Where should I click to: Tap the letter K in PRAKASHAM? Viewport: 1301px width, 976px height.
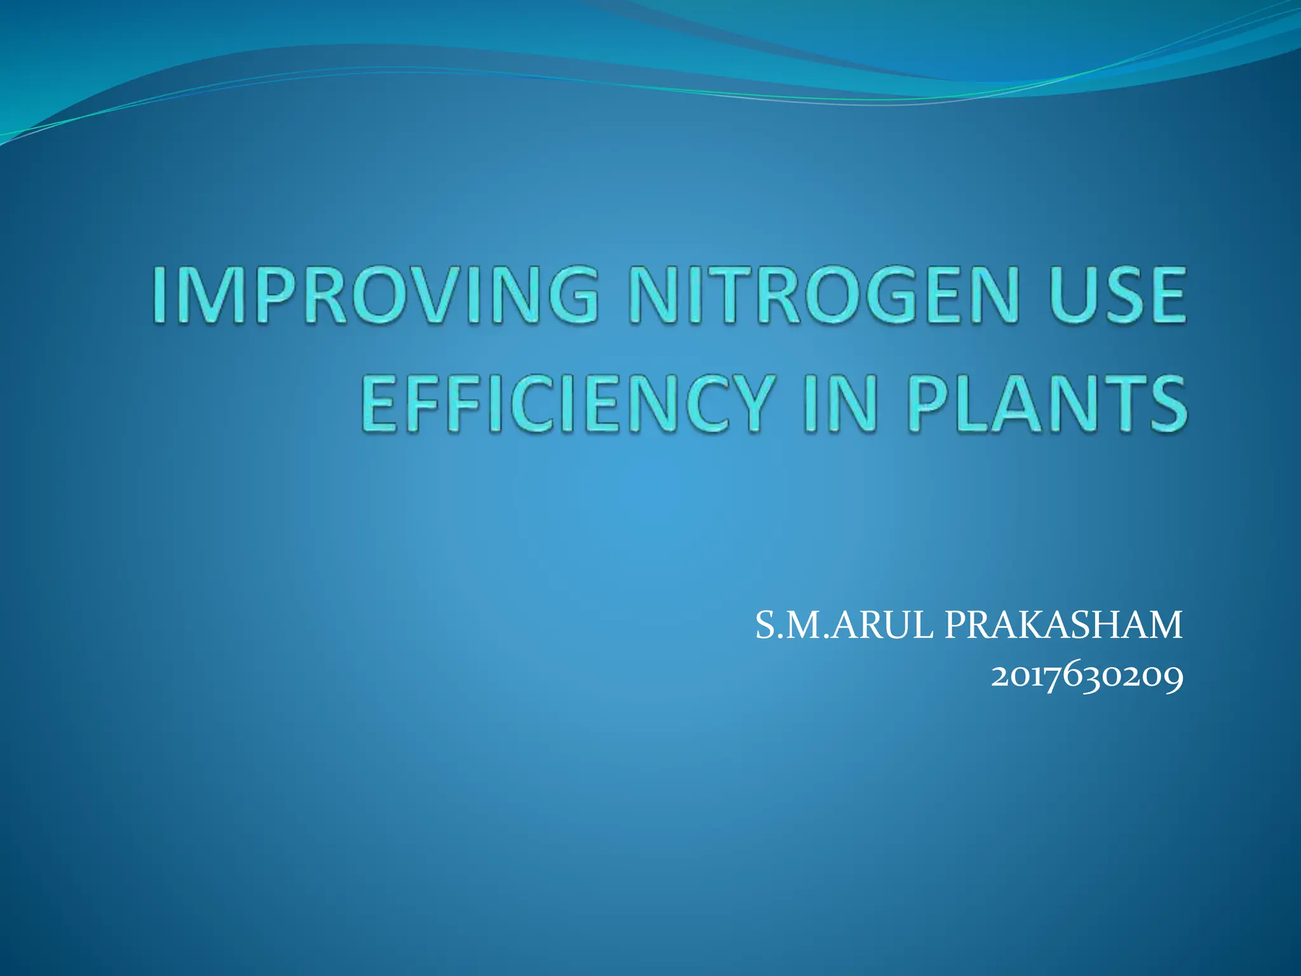click(1044, 625)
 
